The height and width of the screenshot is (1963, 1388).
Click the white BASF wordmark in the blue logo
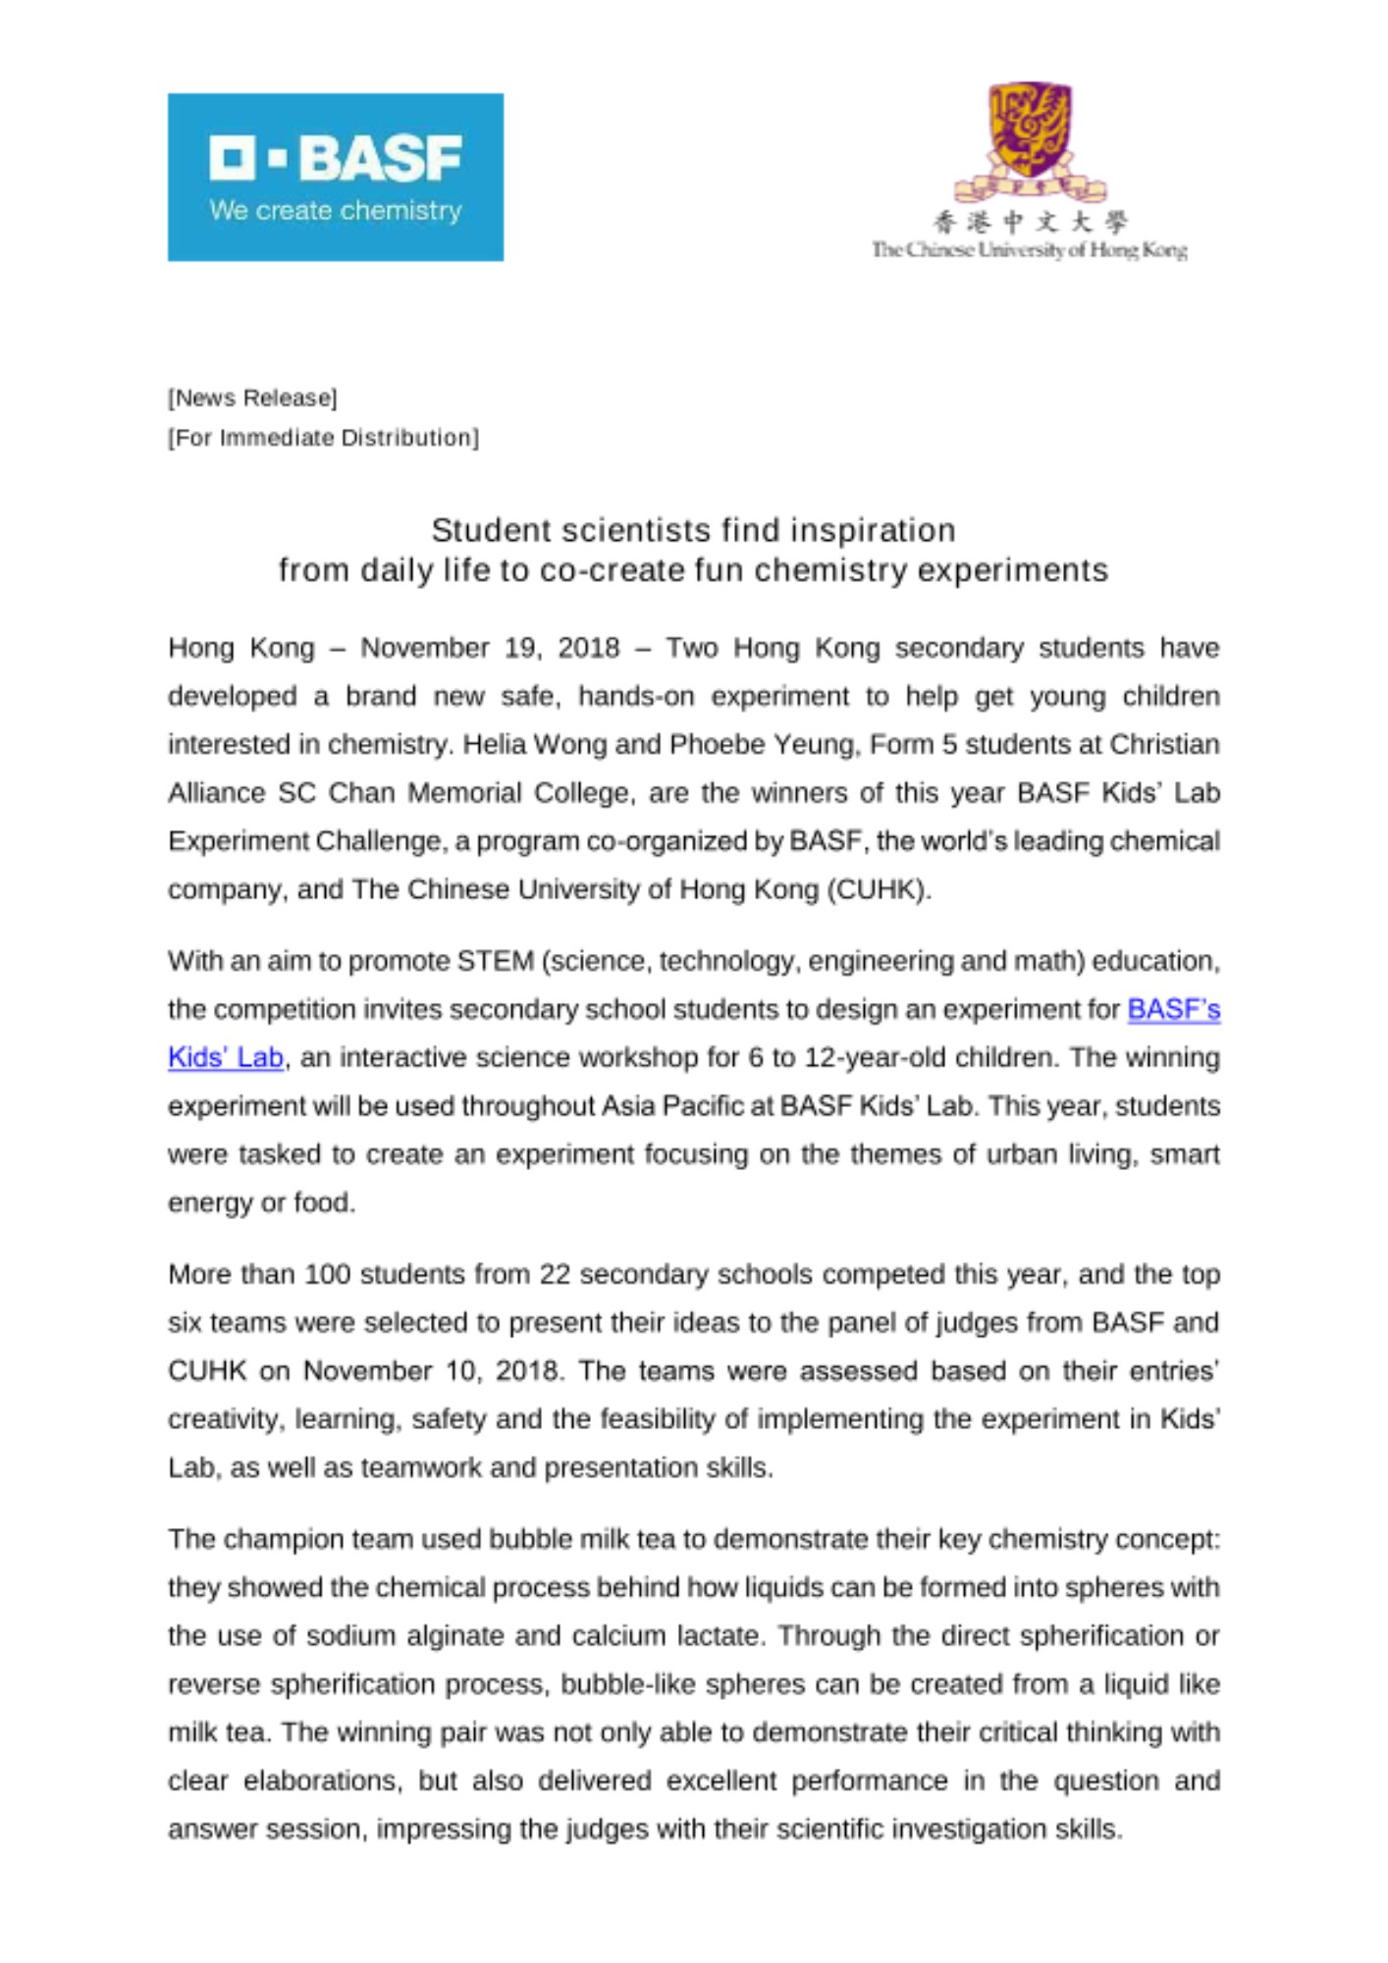point(335,158)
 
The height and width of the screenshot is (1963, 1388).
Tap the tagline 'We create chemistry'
point(335,210)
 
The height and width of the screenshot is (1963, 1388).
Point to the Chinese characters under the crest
point(1030,222)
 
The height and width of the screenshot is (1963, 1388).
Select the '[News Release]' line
point(252,398)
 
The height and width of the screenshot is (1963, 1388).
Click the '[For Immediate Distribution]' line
point(323,438)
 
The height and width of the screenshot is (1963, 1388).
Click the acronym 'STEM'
point(495,961)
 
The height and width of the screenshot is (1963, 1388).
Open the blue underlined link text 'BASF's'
point(1173,1009)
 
